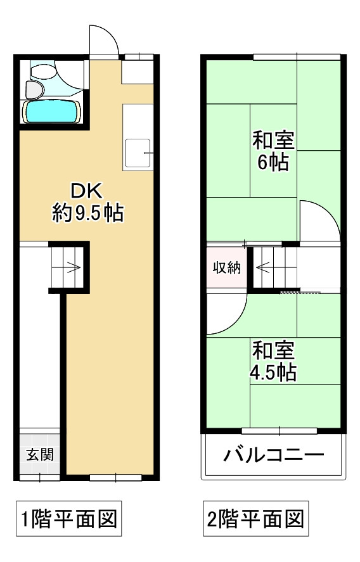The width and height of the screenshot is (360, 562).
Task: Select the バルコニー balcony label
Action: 274,456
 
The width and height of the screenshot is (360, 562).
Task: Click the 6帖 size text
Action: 273,163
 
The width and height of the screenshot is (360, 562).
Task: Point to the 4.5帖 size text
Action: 273,372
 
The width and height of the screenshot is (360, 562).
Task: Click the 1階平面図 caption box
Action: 67,520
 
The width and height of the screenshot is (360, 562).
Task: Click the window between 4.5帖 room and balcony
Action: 279,431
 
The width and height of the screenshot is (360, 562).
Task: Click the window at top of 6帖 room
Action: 295,57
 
